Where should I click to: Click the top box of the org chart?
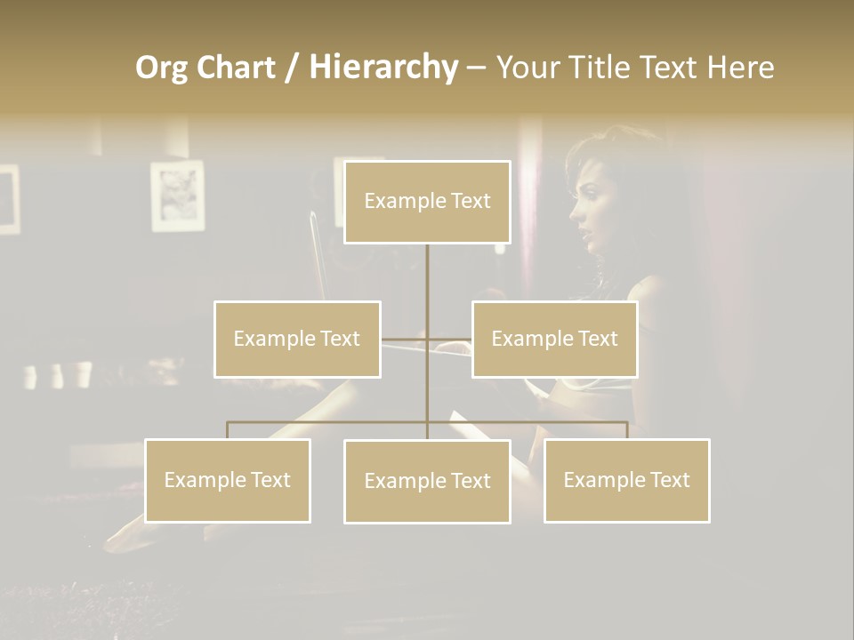tap(427, 202)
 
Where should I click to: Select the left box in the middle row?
tap(297, 339)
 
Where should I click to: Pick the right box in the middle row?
tap(554, 339)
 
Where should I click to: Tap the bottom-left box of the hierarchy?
tap(228, 480)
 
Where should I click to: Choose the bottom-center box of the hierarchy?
tap(427, 481)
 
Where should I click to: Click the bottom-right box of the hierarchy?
tap(626, 480)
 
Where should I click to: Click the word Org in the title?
tap(162, 68)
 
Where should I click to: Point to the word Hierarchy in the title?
tap(383, 68)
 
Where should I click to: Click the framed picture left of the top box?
tap(177, 196)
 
